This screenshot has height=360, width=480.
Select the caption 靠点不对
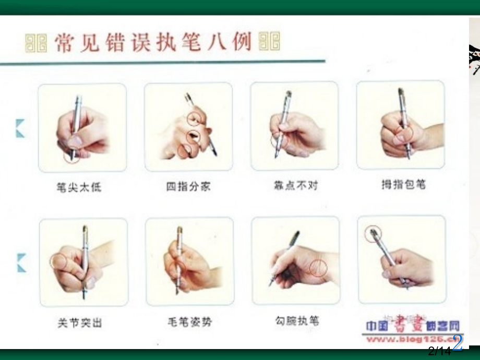click(x=295, y=185)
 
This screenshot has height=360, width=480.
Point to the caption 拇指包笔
click(x=400, y=185)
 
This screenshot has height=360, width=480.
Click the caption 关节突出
click(x=80, y=323)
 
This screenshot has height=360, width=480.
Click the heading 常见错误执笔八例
click(x=152, y=42)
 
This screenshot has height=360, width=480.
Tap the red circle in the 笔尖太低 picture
click(x=72, y=155)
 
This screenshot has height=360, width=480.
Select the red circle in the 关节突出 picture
click(x=58, y=262)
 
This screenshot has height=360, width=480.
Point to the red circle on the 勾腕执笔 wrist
click(x=318, y=268)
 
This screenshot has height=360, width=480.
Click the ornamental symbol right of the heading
click(x=269, y=41)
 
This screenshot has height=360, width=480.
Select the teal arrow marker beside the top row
click(x=20, y=128)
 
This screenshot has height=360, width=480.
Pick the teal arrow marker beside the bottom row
click(x=21, y=262)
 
